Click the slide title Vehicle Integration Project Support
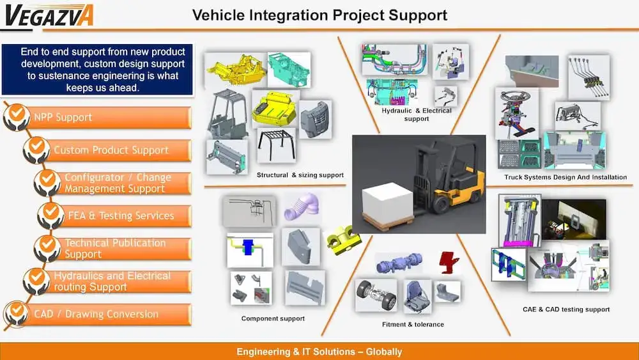click(319, 14)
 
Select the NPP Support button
click(109, 118)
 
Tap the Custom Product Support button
click(118, 150)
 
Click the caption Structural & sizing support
click(300, 175)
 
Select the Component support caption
click(273, 318)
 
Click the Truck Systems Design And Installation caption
click(566, 177)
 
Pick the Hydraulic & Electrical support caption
click(416, 114)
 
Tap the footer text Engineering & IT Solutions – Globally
click(319, 352)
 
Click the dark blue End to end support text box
click(98, 69)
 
